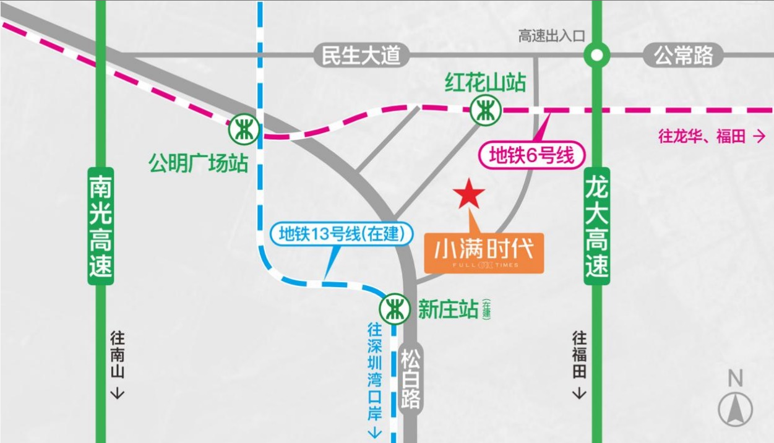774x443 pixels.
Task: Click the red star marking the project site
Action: point(469,194)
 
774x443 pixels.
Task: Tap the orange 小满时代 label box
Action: point(483,252)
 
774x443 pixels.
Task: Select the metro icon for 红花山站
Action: point(484,110)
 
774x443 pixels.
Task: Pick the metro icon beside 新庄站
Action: point(393,308)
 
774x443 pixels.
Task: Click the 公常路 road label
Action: point(684,56)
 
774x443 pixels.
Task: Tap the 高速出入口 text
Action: point(551,36)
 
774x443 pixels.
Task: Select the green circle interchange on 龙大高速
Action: point(596,56)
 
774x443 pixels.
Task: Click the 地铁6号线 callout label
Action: point(531,155)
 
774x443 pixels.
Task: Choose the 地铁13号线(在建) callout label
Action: point(341,234)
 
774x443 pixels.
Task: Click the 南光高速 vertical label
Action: point(101,226)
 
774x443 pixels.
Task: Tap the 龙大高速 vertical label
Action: point(597,226)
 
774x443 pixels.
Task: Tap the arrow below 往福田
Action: point(579,393)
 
